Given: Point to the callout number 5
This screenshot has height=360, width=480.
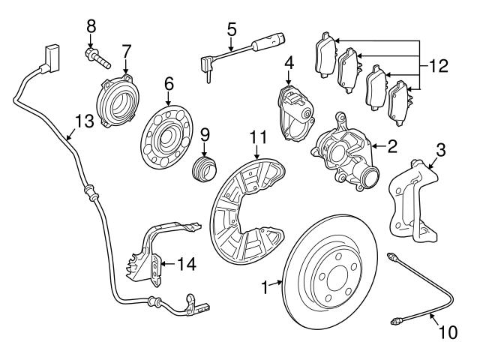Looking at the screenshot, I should pos(232,29).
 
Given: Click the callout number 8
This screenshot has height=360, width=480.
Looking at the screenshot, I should pos(91,25).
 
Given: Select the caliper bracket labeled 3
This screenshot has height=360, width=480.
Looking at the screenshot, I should pos(411,199).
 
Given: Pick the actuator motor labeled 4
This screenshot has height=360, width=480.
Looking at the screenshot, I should pos(295,112).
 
